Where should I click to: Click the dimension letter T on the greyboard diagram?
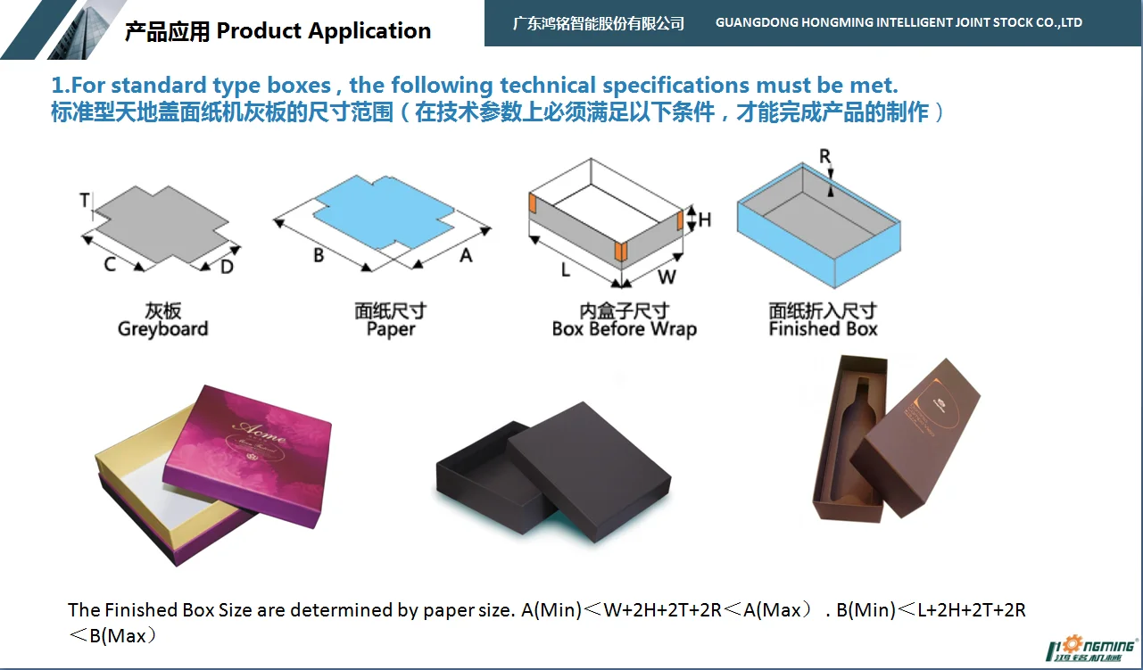85,201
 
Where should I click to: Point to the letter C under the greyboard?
110,264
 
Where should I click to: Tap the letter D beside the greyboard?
227,266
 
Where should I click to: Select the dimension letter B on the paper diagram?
319,255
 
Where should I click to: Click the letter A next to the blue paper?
465,255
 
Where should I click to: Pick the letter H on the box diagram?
704,219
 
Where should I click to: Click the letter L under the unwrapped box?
565,269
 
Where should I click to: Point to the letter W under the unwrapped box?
667,276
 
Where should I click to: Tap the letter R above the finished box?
825,157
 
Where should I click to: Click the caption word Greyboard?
162,329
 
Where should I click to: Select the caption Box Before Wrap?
624,329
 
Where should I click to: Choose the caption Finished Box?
823,329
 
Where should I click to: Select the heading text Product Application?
323,31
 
